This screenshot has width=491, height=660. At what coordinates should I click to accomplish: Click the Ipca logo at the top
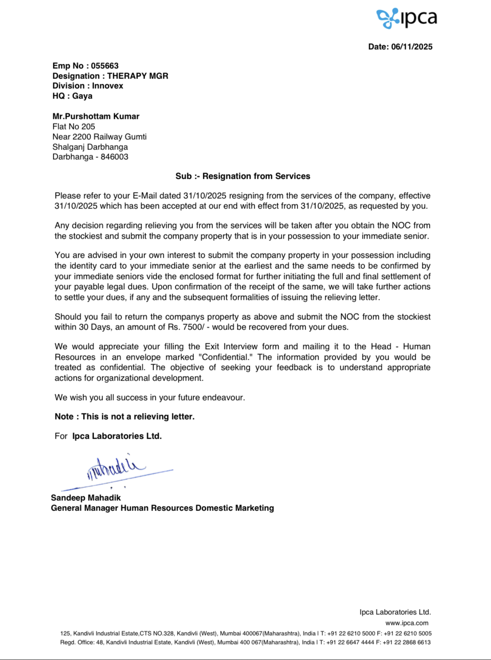[407, 18]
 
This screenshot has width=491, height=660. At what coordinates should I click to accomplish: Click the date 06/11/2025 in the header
[412, 47]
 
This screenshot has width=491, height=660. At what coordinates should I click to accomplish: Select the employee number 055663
[105, 66]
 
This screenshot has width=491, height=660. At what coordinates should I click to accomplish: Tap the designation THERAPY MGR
[137, 76]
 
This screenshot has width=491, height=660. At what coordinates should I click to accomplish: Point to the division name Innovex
[108, 86]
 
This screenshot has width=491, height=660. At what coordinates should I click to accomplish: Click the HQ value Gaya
[82, 96]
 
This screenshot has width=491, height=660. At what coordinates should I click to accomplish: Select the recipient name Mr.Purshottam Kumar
[96, 116]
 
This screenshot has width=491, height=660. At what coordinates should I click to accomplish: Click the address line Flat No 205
[74, 126]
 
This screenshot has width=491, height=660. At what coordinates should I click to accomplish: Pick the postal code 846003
[114, 157]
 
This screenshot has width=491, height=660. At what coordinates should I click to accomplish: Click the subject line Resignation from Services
[256, 176]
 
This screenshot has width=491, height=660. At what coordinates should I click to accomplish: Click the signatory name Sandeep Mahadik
[86, 498]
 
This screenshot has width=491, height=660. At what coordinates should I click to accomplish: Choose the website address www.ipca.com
[407, 623]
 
